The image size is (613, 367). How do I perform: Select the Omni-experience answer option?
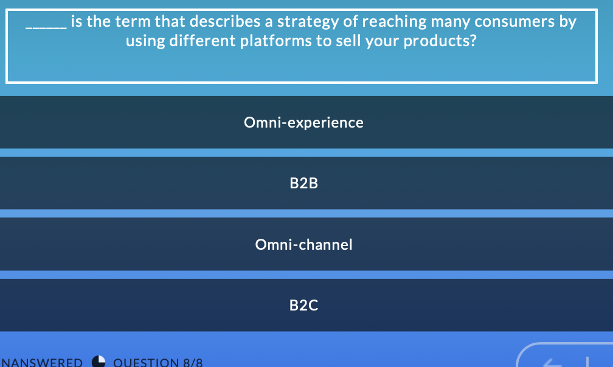point(303,123)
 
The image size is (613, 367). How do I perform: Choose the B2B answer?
point(303,183)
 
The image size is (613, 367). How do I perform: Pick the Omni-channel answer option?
point(303,245)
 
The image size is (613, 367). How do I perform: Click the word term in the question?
point(136,22)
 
